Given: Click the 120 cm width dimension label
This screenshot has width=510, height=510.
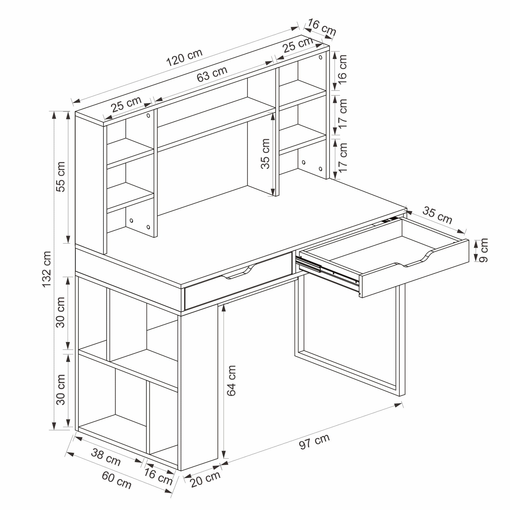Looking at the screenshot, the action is (184, 58).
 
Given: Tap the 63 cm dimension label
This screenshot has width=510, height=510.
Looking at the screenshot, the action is (212, 74).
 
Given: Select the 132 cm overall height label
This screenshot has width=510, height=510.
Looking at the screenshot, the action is (47, 269).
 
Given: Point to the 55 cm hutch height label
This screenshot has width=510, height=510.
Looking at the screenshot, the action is (61, 177).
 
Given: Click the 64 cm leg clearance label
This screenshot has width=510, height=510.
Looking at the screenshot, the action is (231, 381).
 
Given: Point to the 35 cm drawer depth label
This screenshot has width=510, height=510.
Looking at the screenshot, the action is (437, 215).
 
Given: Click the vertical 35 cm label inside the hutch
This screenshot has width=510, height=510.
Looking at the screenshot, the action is (265, 154).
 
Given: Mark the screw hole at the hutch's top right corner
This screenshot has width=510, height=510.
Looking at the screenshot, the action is (321, 57).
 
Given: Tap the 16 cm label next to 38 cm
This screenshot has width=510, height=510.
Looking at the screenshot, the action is (158, 476).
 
